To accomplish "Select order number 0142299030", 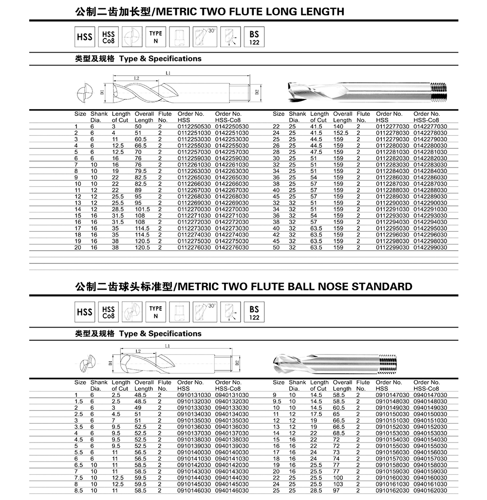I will [430, 248].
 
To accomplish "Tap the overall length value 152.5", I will [342, 132].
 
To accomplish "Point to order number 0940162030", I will [430, 491].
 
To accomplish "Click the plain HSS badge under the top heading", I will [84, 37].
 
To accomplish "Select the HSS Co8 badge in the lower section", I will [108, 312].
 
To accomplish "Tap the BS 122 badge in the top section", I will [254, 37].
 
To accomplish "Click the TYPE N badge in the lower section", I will [156, 312].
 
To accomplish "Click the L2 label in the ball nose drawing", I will [138, 351].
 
